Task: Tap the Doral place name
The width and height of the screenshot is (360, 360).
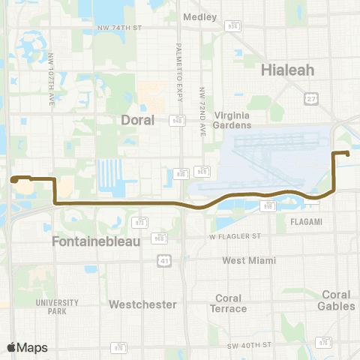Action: tap(137, 120)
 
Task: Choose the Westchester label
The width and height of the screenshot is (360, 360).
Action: tap(142, 304)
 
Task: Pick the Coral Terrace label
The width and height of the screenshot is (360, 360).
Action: tap(229, 303)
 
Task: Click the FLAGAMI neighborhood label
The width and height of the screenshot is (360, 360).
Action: tap(305, 221)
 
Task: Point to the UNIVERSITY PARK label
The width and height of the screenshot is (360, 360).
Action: tap(57, 306)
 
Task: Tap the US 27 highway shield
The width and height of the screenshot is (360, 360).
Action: tap(310, 98)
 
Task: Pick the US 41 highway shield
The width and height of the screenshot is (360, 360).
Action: tap(163, 260)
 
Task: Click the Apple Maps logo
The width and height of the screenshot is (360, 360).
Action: tap(27, 347)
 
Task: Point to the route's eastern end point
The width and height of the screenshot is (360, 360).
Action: tap(348, 154)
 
